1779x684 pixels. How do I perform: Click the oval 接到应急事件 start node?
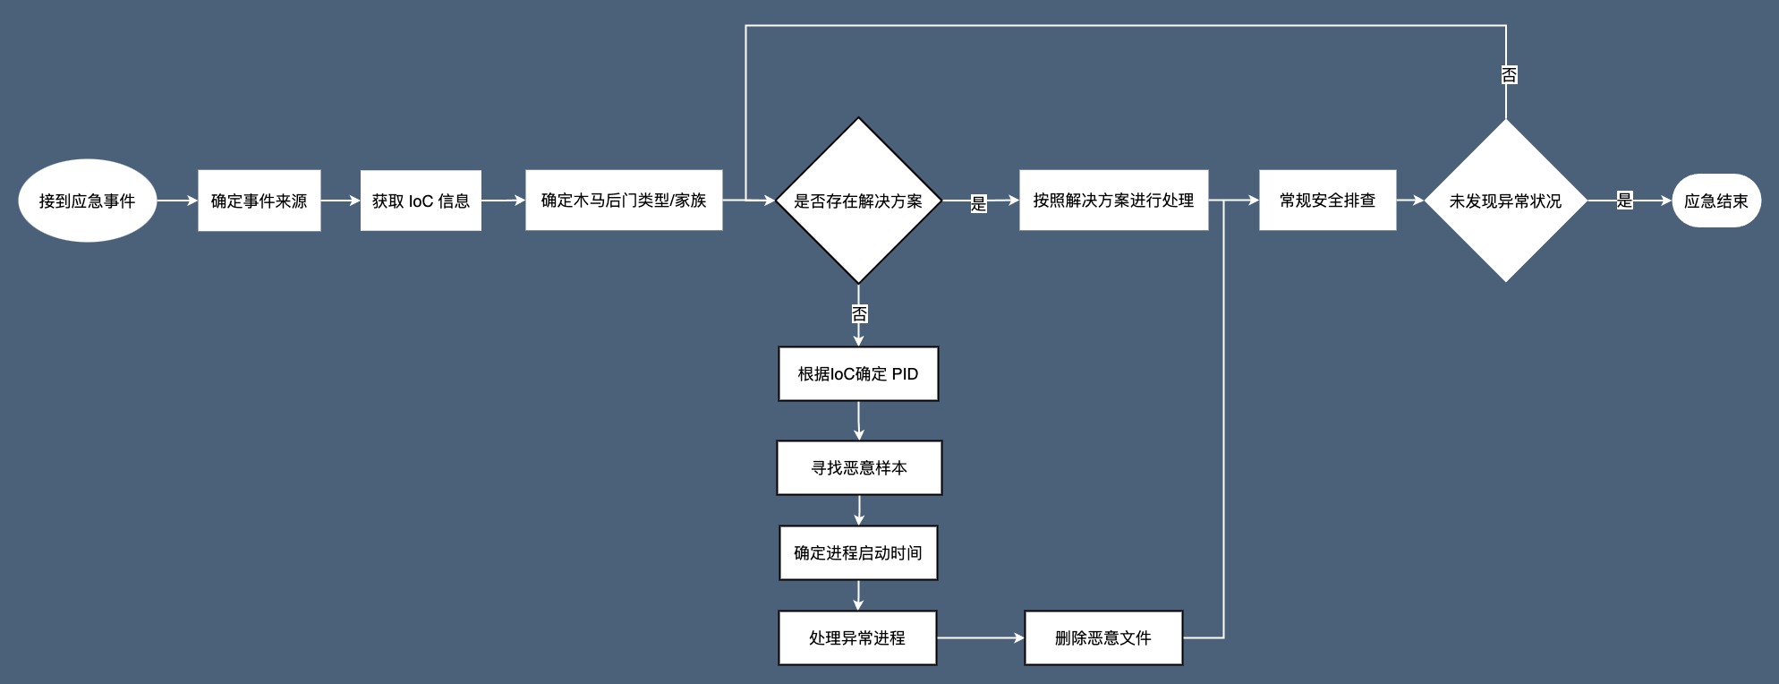pyautogui.click(x=87, y=201)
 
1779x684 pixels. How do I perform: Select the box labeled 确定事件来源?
pyautogui.click(x=259, y=201)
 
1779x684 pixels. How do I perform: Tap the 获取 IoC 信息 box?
pyautogui.click(x=421, y=201)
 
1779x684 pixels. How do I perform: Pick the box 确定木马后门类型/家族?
pyautogui.click(x=624, y=200)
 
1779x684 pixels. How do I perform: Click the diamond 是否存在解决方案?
pyautogui.click(x=858, y=201)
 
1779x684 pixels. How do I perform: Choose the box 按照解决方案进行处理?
pyautogui.click(x=1113, y=200)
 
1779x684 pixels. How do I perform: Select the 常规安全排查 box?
pyautogui.click(x=1327, y=200)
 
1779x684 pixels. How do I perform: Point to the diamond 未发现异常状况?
pyautogui.click(x=1505, y=201)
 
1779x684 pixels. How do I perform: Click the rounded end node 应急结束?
pyautogui.click(x=1715, y=201)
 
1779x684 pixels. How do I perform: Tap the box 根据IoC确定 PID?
pyautogui.click(x=858, y=373)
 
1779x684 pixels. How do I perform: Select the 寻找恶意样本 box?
pyautogui.click(x=859, y=467)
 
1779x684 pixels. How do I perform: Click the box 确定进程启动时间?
pyautogui.click(x=858, y=552)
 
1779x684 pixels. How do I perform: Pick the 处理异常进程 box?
pyautogui.click(x=857, y=637)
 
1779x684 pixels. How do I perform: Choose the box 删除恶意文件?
pyautogui.click(x=1103, y=637)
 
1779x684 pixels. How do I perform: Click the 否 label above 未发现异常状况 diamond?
pyautogui.click(x=1509, y=75)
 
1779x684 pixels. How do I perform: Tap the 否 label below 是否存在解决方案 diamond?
pyautogui.click(x=859, y=313)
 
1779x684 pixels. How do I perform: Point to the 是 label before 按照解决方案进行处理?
pyautogui.click(x=978, y=203)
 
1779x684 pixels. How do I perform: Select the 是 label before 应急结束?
pyautogui.click(x=1624, y=201)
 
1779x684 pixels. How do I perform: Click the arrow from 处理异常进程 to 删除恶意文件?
pyautogui.click(x=980, y=637)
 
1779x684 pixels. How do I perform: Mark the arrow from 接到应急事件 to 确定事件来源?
pyautogui.click(x=177, y=201)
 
